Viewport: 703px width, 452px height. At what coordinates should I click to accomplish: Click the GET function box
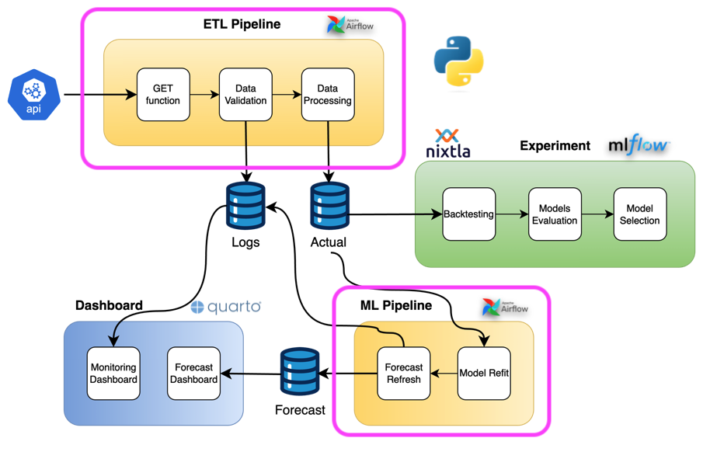pyautogui.click(x=163, y=95)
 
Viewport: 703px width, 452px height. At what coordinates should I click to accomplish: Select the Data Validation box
pyautogui.click(x=245, y=95)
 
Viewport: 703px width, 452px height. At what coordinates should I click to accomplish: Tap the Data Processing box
pyautogui.click(x=328, y=95)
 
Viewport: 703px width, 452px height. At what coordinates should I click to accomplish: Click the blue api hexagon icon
pyautogui.click(x=33, y=96)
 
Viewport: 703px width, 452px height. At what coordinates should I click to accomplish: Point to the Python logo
pyautogui.click(x=458, y=61)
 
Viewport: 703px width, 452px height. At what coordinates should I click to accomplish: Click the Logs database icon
pyautogui.click(x=245, y=206)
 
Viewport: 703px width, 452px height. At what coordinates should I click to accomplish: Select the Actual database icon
pyautogui.click(x=329, y=206)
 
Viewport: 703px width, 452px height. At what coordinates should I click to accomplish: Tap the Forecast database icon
pyautogui.click(x=300, y=372)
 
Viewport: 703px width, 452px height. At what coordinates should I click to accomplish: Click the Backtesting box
pyautogui.click(x=469, y=214)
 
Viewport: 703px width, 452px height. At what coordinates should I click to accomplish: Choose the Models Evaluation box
pyautogui.click(x=555, y=214)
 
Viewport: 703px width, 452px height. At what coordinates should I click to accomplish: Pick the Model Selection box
pyautogui.click(x=640, y=214)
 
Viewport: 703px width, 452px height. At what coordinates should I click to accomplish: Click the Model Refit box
pyautogui.click(x=484, y=374)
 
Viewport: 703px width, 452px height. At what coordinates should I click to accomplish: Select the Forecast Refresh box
pyautogui.click(x=404, y=374)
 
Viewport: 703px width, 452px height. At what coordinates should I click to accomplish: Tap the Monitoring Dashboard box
pyautogui.click(x=113, y=374)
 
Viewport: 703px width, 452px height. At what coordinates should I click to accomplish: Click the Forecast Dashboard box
pyautogui.click(x=194, y=374)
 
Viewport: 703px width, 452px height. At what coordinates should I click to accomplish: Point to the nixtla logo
pyautogui.click(x=448, y=144)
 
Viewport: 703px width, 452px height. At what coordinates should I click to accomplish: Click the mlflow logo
pyautogui.click(x=639, y=144)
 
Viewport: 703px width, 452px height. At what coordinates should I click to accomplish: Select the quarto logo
pyautogui.click(x=226, y=307)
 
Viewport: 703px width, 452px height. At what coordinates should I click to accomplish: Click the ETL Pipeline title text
pyautogui.click(x=242, y=24)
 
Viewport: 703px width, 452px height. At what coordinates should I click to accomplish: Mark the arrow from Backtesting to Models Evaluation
pyautogui.click(x=512, y=214)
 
